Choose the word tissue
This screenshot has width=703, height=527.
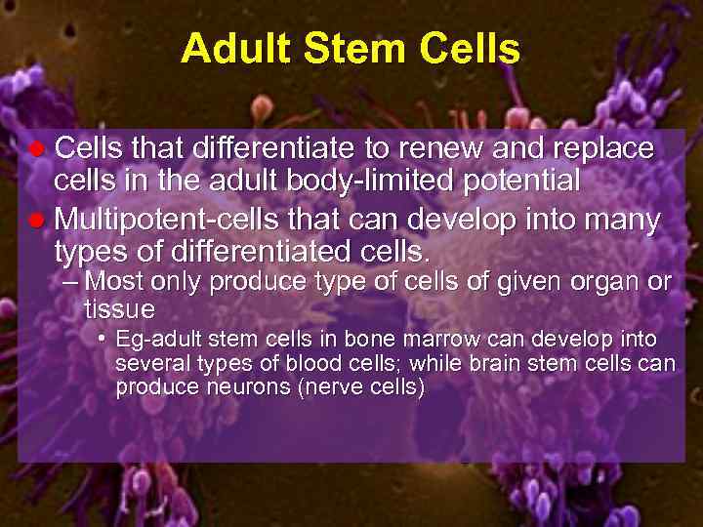[x=119, y=310]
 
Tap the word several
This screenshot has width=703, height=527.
[x=147, y=364]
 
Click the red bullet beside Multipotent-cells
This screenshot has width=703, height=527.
[x=37, y=220]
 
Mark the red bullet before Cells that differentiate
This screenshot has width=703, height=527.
[x=37, y=150]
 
